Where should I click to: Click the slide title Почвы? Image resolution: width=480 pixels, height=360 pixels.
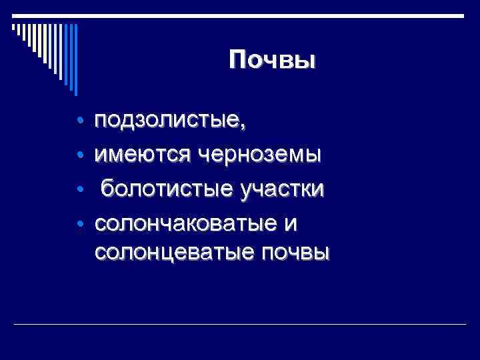(x=272, y=61)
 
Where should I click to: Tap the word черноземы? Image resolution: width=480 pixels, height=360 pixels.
(x=259, y=155)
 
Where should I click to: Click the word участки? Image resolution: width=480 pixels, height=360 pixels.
(x=279, y=189)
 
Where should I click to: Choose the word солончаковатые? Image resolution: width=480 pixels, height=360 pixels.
(x=183, y=223)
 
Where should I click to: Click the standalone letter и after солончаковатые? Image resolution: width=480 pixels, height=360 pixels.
(x=289, y=224)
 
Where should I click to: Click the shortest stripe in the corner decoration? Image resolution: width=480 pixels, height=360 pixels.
(x=14, y=27)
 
